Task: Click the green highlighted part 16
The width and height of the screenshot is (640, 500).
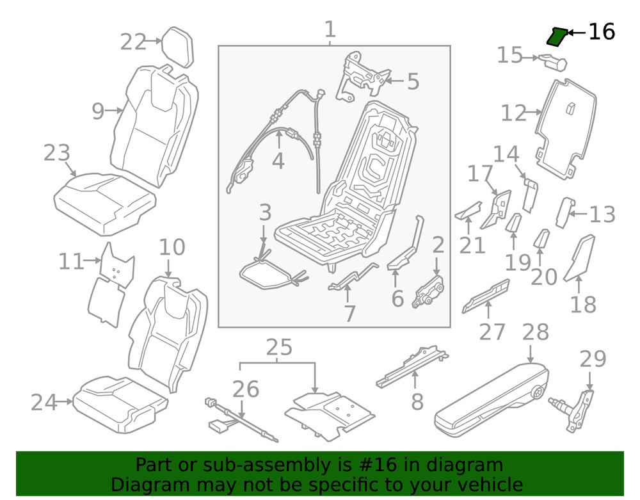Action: pos(556,38)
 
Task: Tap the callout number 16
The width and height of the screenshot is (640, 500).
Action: pos(601,31)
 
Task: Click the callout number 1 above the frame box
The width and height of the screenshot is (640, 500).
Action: pos(330,29)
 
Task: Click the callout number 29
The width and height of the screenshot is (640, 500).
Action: pos(593,359)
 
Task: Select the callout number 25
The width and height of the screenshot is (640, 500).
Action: pos(278,348)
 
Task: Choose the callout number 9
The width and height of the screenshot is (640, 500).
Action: pos(97,111)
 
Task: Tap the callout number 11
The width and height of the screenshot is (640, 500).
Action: pos(71,261)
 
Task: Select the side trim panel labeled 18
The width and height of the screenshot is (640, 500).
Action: pos(580,259)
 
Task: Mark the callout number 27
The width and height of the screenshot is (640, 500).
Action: pos(492,331)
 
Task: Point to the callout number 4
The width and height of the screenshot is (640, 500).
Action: pos(278,161)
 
